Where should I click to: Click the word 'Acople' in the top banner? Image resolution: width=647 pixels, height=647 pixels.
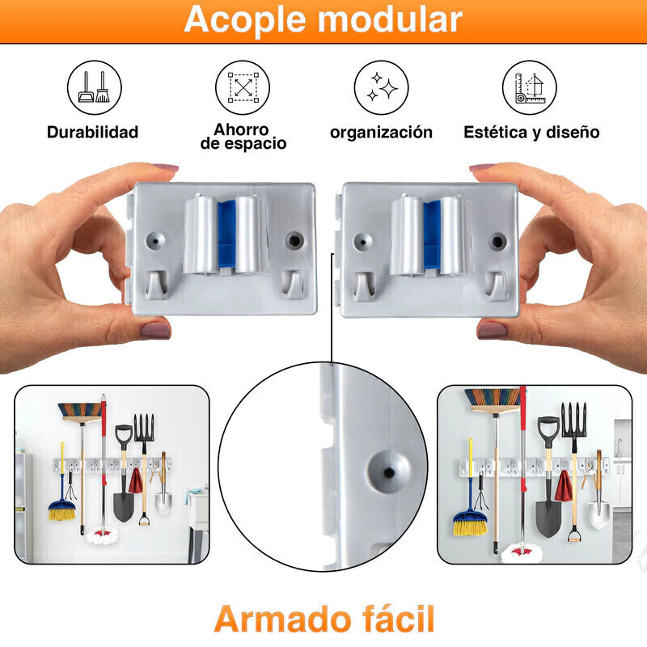coord(246,20)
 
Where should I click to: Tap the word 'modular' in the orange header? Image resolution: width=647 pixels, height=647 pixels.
coord(390,19)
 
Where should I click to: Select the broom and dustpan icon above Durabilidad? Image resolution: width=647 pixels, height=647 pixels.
coord(95,87)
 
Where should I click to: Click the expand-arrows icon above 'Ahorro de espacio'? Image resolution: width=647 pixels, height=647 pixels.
coord(243,87)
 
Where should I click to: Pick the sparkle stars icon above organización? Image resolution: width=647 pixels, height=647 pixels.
coord(381,87)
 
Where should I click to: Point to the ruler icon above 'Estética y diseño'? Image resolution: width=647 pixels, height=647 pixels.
coord(530,87)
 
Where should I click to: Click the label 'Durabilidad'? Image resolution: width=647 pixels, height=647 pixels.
coord(92,132)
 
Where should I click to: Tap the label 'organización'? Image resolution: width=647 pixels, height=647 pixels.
coord(381,133)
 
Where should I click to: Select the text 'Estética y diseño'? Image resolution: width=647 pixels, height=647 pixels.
coord(531,133)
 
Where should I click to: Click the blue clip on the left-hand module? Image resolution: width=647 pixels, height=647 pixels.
coord(226,235)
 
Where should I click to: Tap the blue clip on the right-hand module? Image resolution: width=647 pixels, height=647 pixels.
coord(432,235)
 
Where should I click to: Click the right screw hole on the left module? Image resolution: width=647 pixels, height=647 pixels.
coord(294,240)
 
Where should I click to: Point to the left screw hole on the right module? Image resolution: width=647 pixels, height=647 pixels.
coord(363,241)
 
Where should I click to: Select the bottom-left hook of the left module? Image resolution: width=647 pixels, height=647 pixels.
coord(156,285)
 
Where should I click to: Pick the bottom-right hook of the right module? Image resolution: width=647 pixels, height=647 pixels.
coord(497,285)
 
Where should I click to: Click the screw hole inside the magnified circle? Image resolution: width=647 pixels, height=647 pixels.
coord(389,472)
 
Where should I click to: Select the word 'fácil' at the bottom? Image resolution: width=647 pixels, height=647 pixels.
coord(398,619)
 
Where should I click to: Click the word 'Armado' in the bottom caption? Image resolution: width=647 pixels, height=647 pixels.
coord(282,619)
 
